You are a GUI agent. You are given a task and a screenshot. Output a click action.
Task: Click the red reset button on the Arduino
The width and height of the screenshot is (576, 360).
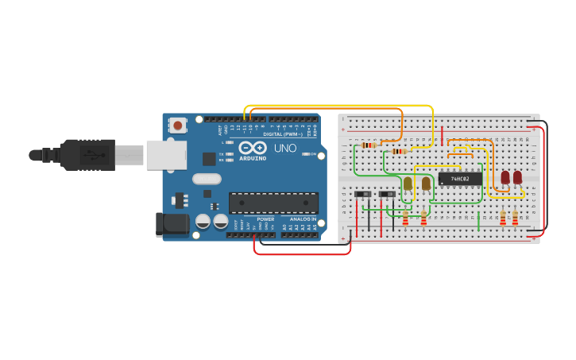178,125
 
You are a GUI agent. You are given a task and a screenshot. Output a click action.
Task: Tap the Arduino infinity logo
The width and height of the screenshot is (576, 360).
252,148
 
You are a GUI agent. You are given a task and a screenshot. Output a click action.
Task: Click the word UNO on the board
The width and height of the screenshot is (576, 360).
285,148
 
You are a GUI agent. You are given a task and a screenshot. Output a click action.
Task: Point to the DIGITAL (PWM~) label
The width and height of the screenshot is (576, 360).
284,134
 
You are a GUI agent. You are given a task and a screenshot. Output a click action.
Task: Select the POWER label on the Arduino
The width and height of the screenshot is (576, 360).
265,219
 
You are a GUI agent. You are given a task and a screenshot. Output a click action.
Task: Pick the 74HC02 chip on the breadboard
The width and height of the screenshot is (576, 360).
460,179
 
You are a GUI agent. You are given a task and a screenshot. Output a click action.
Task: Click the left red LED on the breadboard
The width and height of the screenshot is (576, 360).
505,178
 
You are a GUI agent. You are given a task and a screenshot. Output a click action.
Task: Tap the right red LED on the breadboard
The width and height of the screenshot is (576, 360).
518,178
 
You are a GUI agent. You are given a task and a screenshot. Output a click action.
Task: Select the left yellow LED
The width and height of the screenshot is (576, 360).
408,184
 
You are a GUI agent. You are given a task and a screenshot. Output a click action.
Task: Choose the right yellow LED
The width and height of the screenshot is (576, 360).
426,184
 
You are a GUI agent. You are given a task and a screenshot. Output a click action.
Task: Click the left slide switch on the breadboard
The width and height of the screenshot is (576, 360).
363,194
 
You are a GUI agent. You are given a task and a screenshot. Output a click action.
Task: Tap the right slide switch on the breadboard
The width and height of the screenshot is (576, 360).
388,194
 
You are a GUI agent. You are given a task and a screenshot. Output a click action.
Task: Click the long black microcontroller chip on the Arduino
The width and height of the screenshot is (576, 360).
273,203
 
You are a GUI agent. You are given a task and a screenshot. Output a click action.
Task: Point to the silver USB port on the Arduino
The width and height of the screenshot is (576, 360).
165,154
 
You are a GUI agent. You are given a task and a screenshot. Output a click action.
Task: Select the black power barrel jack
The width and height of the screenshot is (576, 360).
172,225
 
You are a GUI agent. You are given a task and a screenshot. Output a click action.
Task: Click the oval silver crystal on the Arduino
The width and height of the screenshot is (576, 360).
207,179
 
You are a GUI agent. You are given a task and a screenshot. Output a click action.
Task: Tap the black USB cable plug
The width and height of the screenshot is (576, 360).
87,154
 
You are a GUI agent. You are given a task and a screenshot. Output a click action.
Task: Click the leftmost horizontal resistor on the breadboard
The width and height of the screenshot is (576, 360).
368,145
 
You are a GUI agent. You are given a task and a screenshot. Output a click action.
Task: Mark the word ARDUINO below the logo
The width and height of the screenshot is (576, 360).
253,158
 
